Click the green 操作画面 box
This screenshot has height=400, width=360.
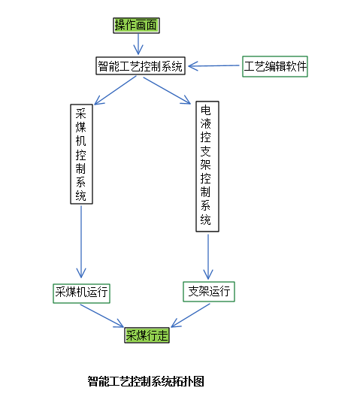(x=136, y=26)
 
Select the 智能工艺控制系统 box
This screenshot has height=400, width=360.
(x=141, y=66)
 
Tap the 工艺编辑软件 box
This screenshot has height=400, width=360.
(x=275, y=66)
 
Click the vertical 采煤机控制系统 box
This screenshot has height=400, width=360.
(x=81, y=154)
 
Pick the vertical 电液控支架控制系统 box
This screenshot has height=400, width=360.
(x=207, y=166)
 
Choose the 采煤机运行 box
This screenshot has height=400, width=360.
(x=81, y=293)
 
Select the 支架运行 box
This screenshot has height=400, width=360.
(x=209, y=292)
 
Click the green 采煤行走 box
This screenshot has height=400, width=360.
(x=147, y=335)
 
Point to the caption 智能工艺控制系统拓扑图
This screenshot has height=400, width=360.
(x=146, y=381)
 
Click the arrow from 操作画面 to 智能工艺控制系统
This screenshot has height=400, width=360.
(x=138, y=44)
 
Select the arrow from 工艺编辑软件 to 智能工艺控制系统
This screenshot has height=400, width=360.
(x=214, y=66)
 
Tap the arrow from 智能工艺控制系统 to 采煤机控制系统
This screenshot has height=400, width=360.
(x=115, y=90)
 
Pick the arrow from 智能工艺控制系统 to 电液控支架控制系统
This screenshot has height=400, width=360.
(x=167, y=90)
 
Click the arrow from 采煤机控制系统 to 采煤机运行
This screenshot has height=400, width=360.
(x=81, y=241)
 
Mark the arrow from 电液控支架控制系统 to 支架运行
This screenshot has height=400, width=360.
(x=208, y=256)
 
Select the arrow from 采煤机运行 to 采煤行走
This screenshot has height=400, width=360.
(x=102, y=316)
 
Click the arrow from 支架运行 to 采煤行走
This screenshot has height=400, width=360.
(x=190, y=315)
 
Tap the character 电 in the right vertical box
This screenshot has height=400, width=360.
(x=206, y=111)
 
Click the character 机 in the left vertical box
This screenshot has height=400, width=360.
(x=81, y=141)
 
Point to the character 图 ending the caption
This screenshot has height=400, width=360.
(x=198, y=381)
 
